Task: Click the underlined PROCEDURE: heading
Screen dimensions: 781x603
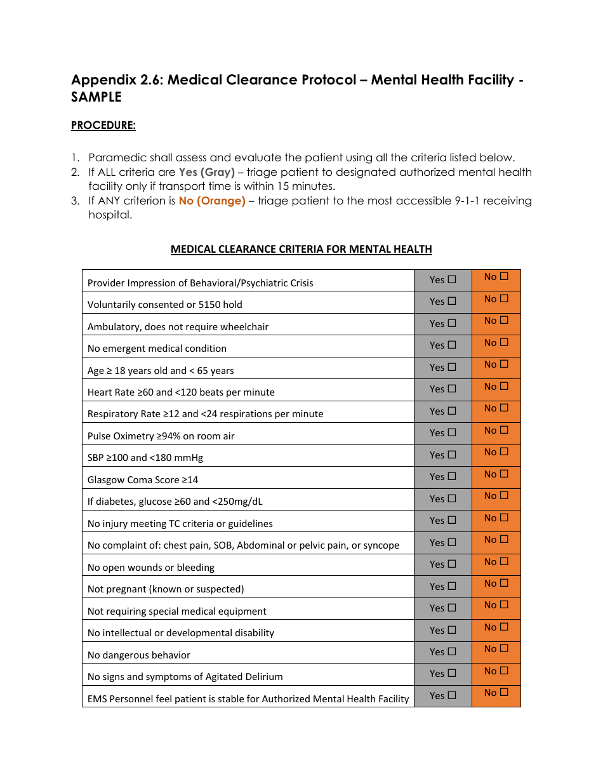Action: pos(103,125)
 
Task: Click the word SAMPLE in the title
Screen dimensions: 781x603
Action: pos(96,97)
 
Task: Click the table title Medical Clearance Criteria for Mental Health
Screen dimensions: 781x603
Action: pos(301,249)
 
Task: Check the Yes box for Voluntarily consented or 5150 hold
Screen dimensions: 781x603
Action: pos(452,301)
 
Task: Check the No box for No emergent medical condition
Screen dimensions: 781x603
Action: pos(504,342)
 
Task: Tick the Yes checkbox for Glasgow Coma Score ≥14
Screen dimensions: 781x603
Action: pos(452,476)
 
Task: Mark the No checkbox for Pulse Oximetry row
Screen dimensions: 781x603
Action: pos(504,430)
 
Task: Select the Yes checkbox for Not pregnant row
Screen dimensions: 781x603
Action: pos(452,586)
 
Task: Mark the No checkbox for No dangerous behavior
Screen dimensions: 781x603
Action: pos(504,648)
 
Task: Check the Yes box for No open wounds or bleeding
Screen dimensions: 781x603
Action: pos(452,564)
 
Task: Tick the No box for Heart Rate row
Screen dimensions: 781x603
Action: pos(504,386)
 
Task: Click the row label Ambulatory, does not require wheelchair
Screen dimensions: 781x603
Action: pos(178,327)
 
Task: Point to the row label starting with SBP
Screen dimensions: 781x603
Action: pos(145,458)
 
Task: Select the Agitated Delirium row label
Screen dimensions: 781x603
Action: pos(185,677)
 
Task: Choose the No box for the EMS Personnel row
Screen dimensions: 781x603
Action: pos(504,692)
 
